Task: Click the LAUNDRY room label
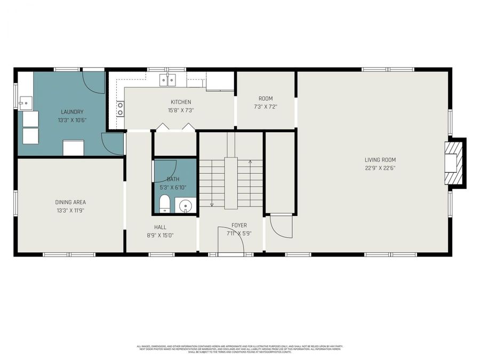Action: (72, 111)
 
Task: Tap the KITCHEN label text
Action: (180, 102)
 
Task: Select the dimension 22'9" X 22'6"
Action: (380, 168)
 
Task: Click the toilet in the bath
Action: (165, 204)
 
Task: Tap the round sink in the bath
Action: (185, 205)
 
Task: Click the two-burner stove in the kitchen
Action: (121, 109)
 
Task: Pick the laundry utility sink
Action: (25, 103)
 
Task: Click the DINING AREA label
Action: (70, 202)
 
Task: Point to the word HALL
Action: (160, 227)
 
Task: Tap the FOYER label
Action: (239, 225)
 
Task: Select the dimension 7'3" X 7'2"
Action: (265, 107)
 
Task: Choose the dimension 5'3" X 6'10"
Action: (173, 188)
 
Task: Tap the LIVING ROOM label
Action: (380, 159)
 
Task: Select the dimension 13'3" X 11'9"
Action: (70, 211)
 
